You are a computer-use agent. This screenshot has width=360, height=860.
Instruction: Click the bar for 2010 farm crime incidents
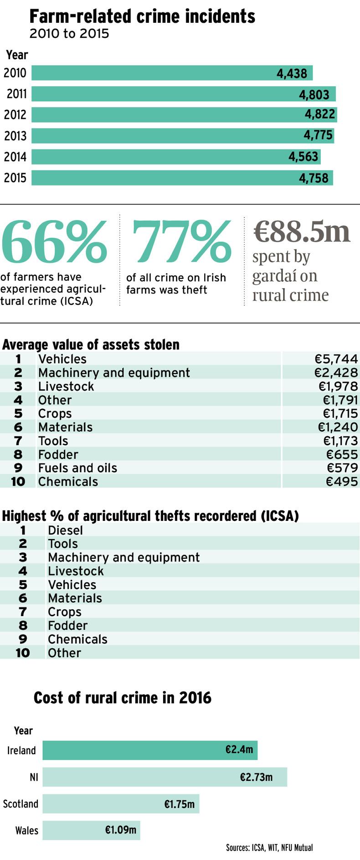tap(172, 73)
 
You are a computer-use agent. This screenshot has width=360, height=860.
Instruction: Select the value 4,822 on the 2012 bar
tap(320, 114)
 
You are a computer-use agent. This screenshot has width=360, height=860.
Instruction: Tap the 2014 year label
tap(15, 157)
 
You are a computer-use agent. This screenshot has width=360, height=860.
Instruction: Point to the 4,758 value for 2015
tap(314, 178)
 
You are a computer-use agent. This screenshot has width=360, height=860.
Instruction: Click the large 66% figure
tap(54, 242)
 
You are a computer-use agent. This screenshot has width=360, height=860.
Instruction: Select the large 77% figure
tap(181, 242)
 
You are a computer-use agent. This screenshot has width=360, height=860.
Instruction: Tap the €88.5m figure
tap(302, 232)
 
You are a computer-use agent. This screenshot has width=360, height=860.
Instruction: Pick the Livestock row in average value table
tap(66, 386)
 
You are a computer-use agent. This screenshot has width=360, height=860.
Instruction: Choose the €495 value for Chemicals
tap(342, 482)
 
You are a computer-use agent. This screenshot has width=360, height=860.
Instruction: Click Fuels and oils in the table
tap(77, 468)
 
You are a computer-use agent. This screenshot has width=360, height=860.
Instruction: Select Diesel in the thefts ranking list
tap(65, 530)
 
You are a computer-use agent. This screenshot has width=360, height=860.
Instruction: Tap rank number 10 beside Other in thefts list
tap(22, 653)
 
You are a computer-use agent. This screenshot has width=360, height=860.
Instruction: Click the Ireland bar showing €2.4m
tap(150, 750)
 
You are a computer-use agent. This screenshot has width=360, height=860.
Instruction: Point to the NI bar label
tap(34, 777)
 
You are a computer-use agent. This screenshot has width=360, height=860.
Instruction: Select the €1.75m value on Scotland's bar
tap(179, 804)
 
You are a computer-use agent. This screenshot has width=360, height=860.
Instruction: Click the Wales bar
tap(91, 830)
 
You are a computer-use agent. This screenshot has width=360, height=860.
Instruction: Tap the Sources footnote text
tap(269, 848)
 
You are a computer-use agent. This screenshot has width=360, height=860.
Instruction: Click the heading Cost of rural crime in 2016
tap(123, 698)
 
